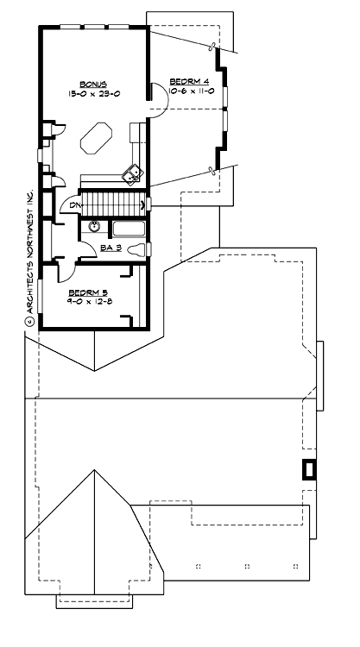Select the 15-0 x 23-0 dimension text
coord(93,92)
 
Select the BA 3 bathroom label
coord(110,248)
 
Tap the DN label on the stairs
coord(76,204)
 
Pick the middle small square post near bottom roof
coord(247,566)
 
